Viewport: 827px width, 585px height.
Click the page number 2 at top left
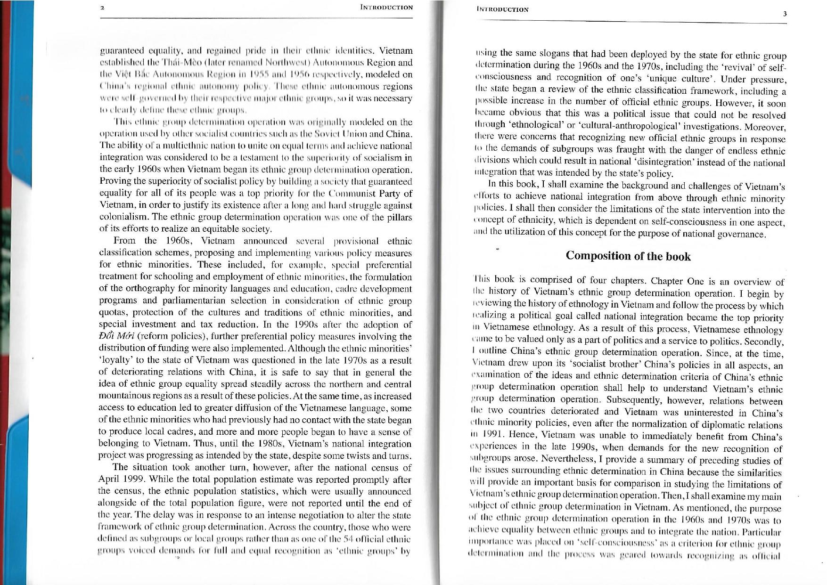click(x=102, y=8)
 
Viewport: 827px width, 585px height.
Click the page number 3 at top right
click(x=785, y=14)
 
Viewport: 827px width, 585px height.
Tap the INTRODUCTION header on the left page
click(x=386, y=7)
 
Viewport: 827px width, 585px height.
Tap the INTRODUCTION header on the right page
click(x=503, y=9)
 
